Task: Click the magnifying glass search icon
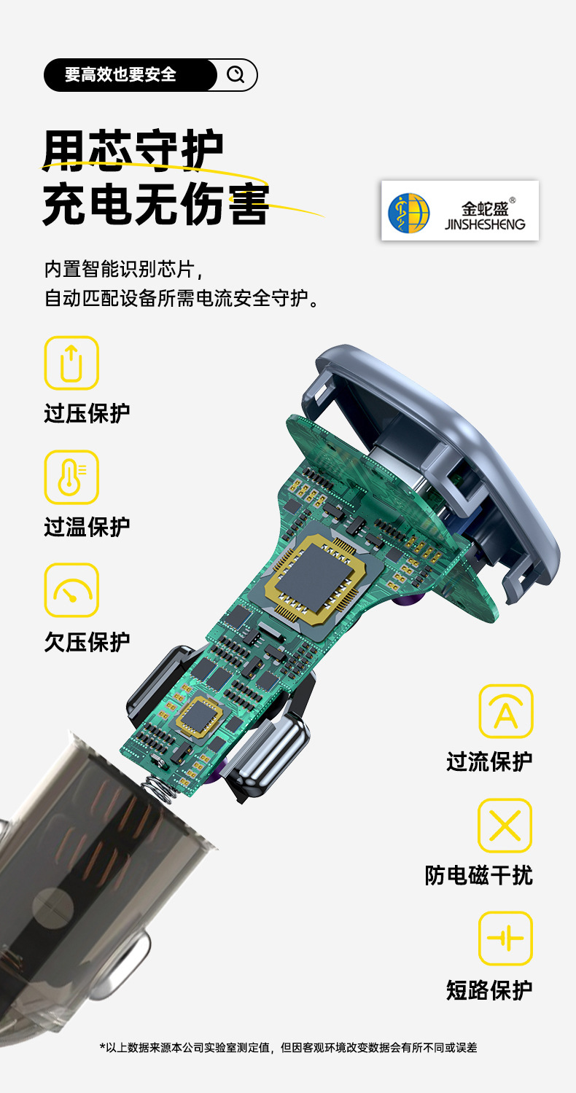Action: [236, 75]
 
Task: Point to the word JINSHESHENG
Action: [485, 224]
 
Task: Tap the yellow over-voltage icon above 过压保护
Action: [71, 363]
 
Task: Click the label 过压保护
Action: [87, 413]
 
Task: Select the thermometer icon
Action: [71, 477]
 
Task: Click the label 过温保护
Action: [87, 527]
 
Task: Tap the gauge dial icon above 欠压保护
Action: [71, 590]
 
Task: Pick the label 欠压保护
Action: [87, 642]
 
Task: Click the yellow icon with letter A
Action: [505, 711]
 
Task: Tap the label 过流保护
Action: [489, 761]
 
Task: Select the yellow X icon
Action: [505, 826]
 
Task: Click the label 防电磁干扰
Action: [479, 875]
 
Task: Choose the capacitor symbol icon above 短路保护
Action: [505, 939]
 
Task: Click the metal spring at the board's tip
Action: [162, 786]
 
